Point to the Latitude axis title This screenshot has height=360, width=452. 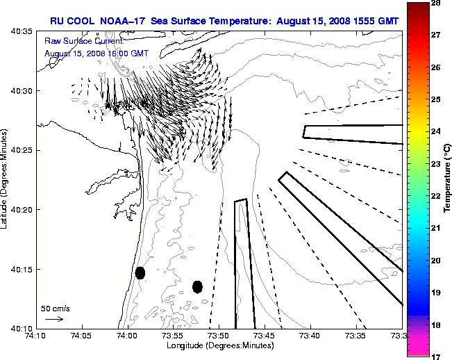pos(6,180)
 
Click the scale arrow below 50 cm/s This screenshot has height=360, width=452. pos(54,319)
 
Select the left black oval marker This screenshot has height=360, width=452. pos(140,272)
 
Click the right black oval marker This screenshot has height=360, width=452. pos(197,286)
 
